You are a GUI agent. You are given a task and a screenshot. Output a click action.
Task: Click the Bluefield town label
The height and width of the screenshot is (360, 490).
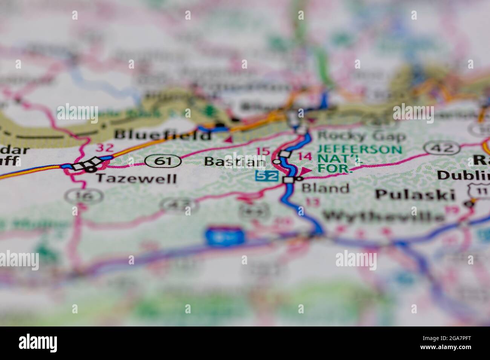click(x=162, y=135)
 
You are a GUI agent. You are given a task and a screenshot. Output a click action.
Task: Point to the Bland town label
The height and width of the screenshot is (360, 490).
click(x=326, y=188)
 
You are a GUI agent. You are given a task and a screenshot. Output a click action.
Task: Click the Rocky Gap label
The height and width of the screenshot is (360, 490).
click(x=361, y=136)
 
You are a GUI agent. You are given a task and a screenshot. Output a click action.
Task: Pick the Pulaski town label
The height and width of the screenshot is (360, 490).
click(x=415, y=194)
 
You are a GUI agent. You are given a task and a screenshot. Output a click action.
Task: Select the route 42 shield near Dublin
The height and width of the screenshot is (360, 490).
click(x=437, y=148)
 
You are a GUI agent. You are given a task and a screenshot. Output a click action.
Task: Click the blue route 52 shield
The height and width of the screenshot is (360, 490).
click(x=266, y=176)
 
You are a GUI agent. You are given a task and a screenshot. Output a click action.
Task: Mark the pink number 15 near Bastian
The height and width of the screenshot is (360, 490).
click(x=263, y=151)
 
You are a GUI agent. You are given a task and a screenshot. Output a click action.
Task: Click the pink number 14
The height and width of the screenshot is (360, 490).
click(x=305, y=156)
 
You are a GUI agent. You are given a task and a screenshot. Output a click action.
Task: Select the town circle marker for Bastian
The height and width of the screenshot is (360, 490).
click(x=277, y=162)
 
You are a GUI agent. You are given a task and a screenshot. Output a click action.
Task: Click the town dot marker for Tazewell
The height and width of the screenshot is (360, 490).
click(x=89, y=169)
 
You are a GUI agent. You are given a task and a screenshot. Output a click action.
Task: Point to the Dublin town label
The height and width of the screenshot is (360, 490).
click(x=464, y=175)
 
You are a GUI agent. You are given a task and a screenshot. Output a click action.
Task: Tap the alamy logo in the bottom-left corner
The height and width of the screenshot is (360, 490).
click(x=38, y=343)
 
